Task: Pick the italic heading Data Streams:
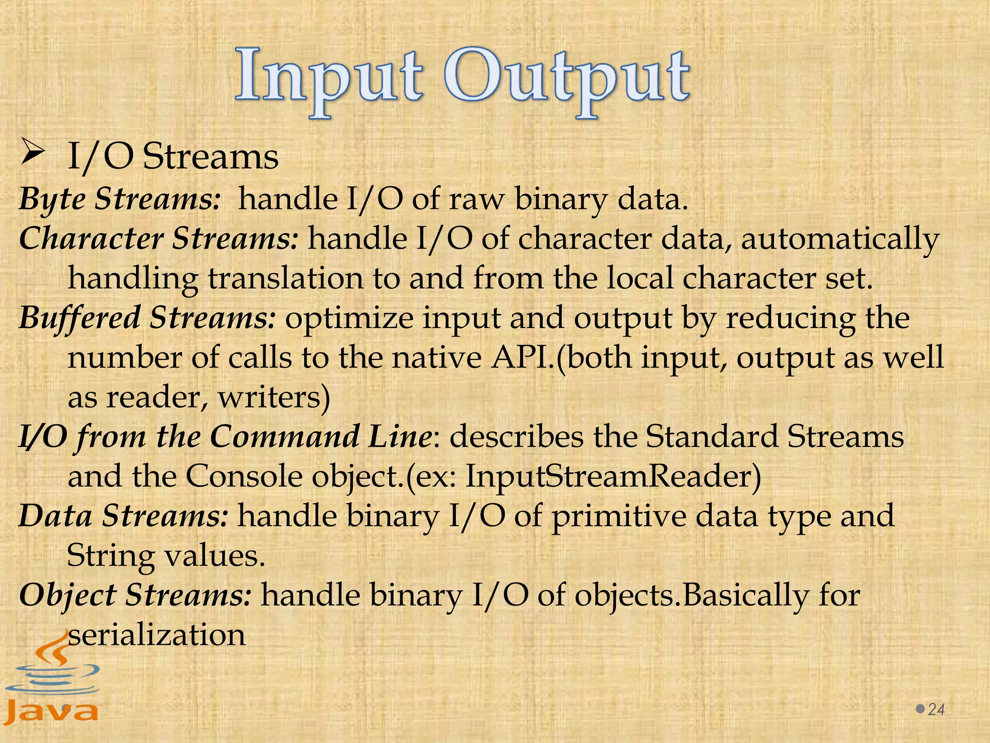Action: point(123,516)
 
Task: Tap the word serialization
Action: point(157,635)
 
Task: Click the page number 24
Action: point(936,709)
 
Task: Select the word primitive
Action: point(619,516)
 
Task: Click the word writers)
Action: point(274,398)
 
